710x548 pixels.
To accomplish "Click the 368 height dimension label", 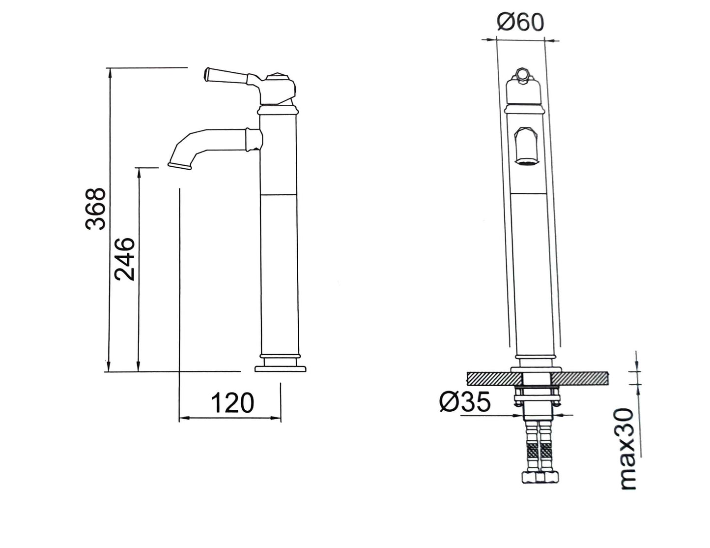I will pyautogui.click(x=95, y=209).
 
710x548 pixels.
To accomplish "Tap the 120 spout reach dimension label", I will pyautogui.click(x=232, y=403).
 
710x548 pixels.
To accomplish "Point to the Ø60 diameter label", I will pyautogui.click(x=520, y=22).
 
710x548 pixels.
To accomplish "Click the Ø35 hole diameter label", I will pyautogui.click(x=465, y=402).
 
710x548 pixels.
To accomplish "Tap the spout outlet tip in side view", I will pyautogui.click(x=180, y=166).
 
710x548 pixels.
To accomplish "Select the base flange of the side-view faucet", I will pyautogui.click(x=281, y=368).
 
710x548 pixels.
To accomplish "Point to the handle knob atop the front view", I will pyautogui.click(x=523, y=75).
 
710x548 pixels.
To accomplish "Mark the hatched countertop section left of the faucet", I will pyautogui.click(x=491, y=379).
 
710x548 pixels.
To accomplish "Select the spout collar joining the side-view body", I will pyautogui.click(x=254, y=139).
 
